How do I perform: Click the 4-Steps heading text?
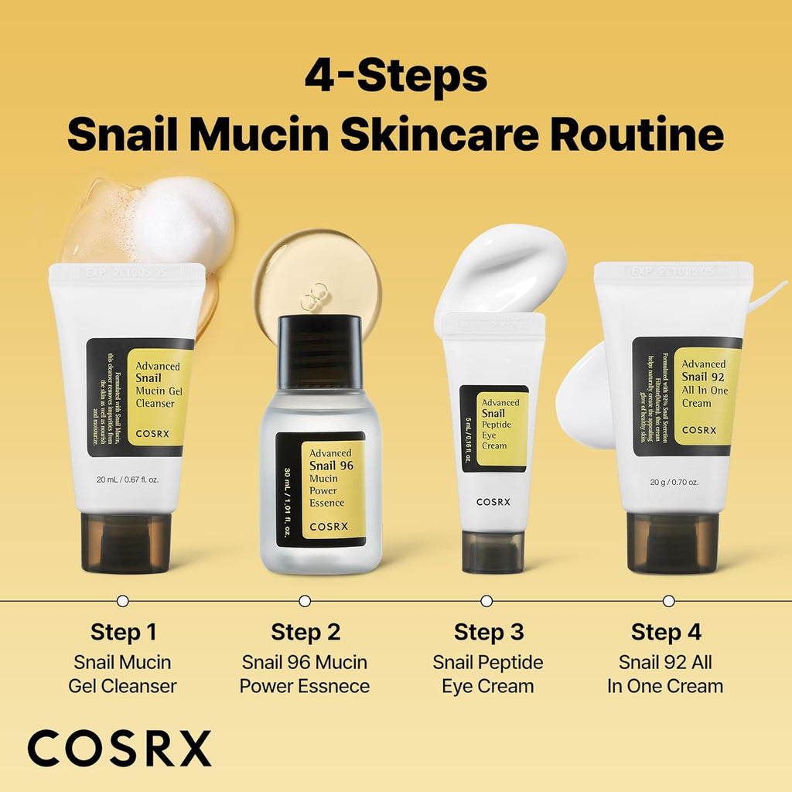[x=395, y=76]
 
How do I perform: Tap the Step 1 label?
[x=123, y=632]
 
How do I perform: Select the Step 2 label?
[x=306, y=632]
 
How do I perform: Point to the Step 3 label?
[x=489, y=632]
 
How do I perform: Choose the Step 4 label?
[x=666, y=632]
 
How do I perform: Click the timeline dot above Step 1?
[x=122, y=600]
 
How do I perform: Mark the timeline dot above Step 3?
[x=486, y=600]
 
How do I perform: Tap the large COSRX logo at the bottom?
[x=119, y=749]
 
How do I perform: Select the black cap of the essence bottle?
[x=319, y=352]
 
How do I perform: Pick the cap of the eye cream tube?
[x=493, y=551]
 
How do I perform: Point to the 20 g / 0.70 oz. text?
[x=674, y=482]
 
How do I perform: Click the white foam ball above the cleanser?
[x=184, y=220]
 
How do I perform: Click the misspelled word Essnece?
[x=334, y=686]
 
